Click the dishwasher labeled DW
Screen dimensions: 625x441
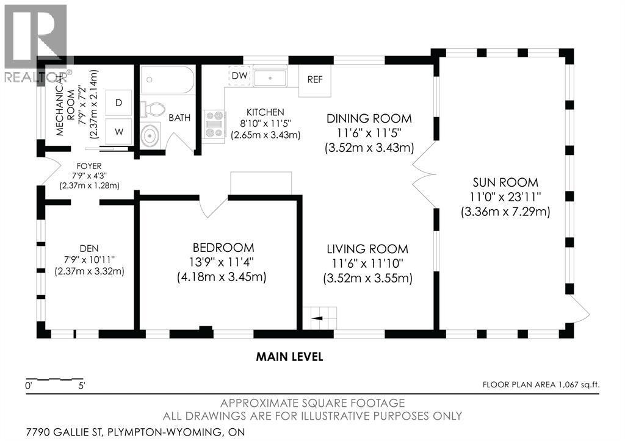239,75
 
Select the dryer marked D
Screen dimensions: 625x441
118,103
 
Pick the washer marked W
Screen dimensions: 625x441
118,132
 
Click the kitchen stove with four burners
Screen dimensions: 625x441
214,124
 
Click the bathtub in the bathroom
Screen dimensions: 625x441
167,80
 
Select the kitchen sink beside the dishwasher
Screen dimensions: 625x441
270,77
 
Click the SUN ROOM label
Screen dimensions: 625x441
505,182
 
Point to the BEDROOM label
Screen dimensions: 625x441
223,248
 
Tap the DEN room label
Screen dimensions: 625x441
89,249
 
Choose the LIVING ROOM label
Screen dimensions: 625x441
367,249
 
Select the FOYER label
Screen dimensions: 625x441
89,166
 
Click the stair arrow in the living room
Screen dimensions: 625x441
317,318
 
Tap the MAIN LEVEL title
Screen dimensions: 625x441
289,357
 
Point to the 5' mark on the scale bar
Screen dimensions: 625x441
82,385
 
